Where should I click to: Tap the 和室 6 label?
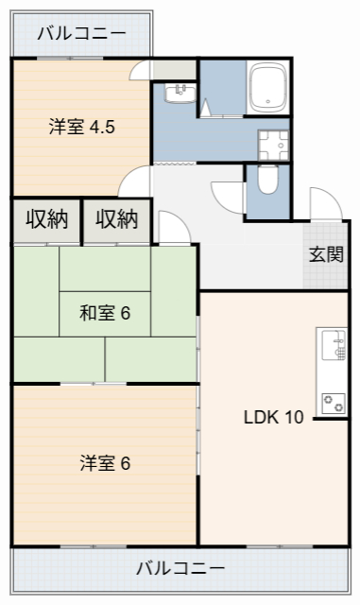104,314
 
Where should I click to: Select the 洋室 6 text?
105,463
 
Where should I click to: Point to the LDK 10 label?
273,418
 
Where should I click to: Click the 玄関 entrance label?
324,255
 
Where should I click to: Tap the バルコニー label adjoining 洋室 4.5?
81,34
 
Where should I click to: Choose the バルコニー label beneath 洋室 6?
180,569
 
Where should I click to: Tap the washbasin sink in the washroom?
179,93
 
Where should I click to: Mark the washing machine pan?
275,144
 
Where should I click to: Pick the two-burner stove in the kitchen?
334,402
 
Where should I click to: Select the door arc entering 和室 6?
173,227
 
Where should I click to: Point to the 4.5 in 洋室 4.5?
102,128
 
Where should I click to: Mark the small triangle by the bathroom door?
205,107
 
